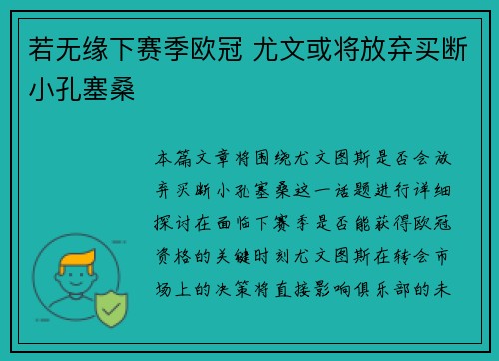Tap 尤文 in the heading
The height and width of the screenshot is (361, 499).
click(295, 50)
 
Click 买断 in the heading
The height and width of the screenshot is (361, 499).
click(449, 50)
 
